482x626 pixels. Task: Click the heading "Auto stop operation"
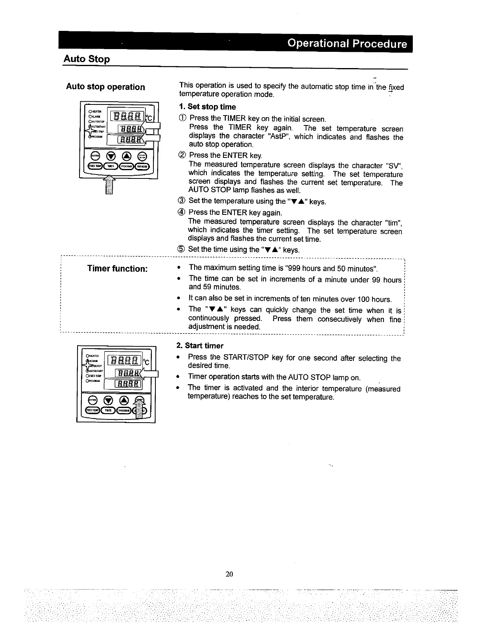pos(105,87)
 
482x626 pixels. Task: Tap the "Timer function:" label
pos(117,269)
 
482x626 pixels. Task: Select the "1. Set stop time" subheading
pos(207,107)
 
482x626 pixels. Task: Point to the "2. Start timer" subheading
pos(200,345)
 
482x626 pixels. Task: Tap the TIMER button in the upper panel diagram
pos(110,166)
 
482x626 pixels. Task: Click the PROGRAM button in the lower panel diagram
pos(124,410)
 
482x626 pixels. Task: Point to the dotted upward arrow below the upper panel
pos(109,186)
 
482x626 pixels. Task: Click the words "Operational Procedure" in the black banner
pos(347,44)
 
